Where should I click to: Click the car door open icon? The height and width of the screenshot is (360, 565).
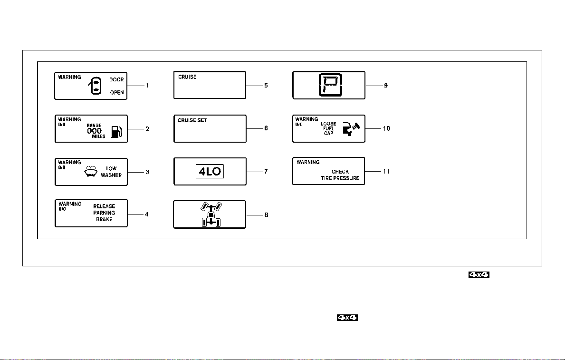coord(95,86)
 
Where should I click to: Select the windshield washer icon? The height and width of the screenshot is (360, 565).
coord(91,171)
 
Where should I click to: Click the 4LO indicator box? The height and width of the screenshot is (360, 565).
coord(210,171)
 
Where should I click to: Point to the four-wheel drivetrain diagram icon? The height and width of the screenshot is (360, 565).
coord(211,214)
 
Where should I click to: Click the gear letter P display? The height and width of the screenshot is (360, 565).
coord(330,85)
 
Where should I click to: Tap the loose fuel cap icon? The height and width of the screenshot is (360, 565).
coord(351,129)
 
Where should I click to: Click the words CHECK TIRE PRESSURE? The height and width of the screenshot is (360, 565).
coord(340,175)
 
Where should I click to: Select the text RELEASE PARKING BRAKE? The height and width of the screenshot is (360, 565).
coord(104,213)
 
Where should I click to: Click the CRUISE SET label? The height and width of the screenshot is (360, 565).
coord(192,120)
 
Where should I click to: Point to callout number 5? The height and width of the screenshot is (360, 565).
coord(266,86)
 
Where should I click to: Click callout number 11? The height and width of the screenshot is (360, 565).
coord(386,171)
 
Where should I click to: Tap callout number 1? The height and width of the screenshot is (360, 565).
coord(147,86)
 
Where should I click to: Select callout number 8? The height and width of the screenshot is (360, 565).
coord(266,215)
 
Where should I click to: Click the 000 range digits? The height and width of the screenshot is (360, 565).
coord(95,131)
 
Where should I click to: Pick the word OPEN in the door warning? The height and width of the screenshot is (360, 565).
coord(117,93)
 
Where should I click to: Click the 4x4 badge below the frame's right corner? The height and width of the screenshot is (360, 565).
coord(479,275)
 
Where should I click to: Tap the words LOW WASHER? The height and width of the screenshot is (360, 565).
coord(111,172)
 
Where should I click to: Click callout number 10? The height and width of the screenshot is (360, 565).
coord(386,128)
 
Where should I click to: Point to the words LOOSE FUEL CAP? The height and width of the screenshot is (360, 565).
coord(329,128)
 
